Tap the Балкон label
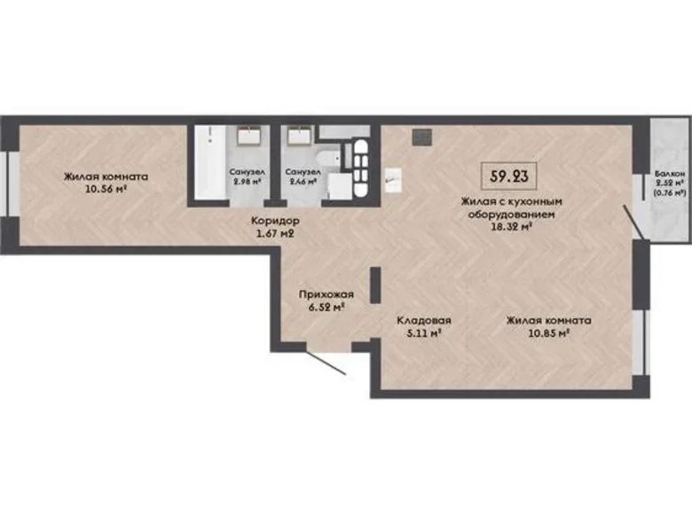click(x=670, y=175)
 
